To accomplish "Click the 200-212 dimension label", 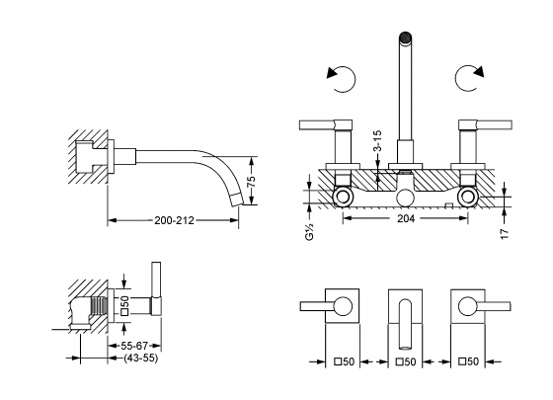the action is coord(174,220).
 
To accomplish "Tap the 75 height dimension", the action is coord(251,181).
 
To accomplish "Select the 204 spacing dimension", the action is coord(406,218).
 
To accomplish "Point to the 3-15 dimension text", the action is coord(377,140).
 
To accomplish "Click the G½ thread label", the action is coord(309,231).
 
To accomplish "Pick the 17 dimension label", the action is coord(505,234).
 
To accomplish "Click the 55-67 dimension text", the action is coord(134,346).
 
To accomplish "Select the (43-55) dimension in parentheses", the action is coord(140,358).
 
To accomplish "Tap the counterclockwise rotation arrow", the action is coord(342,79).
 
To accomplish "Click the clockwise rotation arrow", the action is coord(469,78).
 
